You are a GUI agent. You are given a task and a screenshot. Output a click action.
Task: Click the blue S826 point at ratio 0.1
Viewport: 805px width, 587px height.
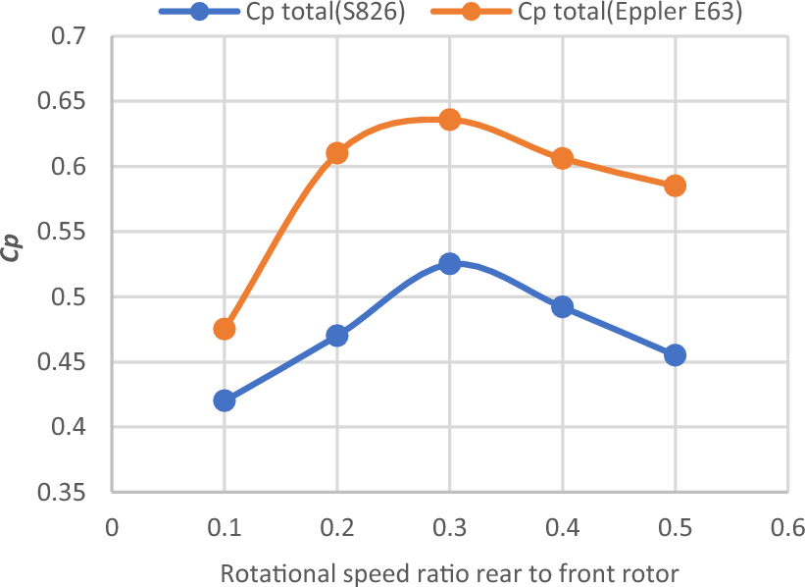(x=225, y=400)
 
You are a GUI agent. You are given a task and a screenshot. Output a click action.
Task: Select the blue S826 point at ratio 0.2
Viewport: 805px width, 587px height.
(x=337, y=335)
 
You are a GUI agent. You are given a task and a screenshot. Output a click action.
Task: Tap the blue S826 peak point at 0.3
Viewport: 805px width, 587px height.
(x=450, y=263)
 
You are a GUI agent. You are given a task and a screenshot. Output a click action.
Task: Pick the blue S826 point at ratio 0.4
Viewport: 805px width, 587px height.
(x=562, y=306)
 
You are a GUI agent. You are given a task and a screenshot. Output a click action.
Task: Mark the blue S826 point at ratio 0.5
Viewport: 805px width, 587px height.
(x=675, y=354)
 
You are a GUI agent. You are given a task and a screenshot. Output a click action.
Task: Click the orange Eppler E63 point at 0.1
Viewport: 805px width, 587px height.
(x=225, y=329)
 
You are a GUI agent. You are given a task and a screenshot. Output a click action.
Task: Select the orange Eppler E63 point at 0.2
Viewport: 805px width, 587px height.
(x=337, y=153)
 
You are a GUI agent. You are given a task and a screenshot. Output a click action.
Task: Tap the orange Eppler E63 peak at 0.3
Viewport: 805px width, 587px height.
(x=450, y=120)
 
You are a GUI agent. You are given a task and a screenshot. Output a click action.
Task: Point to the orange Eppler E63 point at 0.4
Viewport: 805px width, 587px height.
(x=562, y=158)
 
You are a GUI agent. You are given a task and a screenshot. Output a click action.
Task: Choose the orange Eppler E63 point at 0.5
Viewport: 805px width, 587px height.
(x=675, y=186)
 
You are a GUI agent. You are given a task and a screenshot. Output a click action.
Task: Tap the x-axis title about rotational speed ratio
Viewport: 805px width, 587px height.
(x=450, y=572)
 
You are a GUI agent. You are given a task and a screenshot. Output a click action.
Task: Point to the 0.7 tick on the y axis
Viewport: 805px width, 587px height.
(x=70, y=37)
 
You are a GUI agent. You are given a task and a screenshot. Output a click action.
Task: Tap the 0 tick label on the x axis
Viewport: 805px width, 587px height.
(x=112, y=526)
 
